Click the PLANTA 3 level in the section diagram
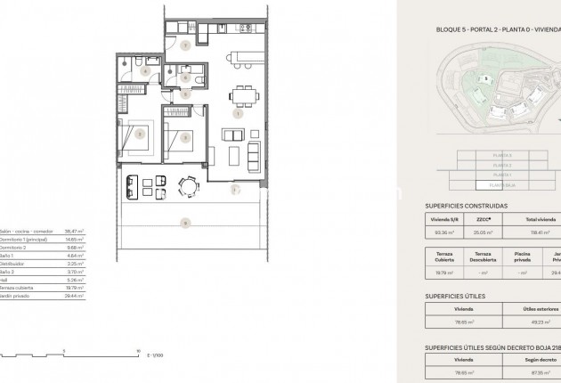(502, 156)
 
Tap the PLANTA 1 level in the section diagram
(502, 175)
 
